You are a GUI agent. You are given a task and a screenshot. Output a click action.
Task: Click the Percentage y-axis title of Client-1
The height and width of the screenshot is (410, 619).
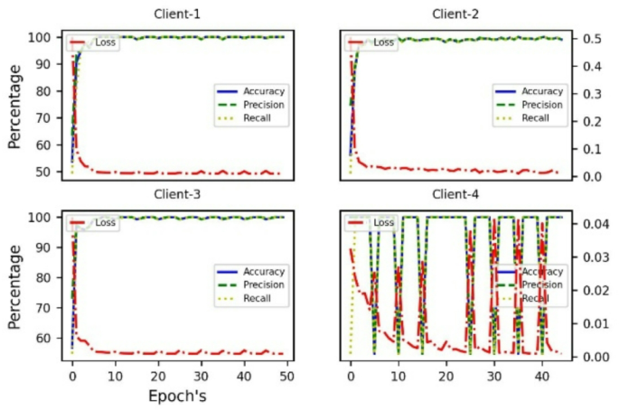pyautogui.click(x=14, y=106)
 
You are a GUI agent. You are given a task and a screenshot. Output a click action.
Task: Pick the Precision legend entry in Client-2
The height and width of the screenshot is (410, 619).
pyautogui.click(x=541, y=105)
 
